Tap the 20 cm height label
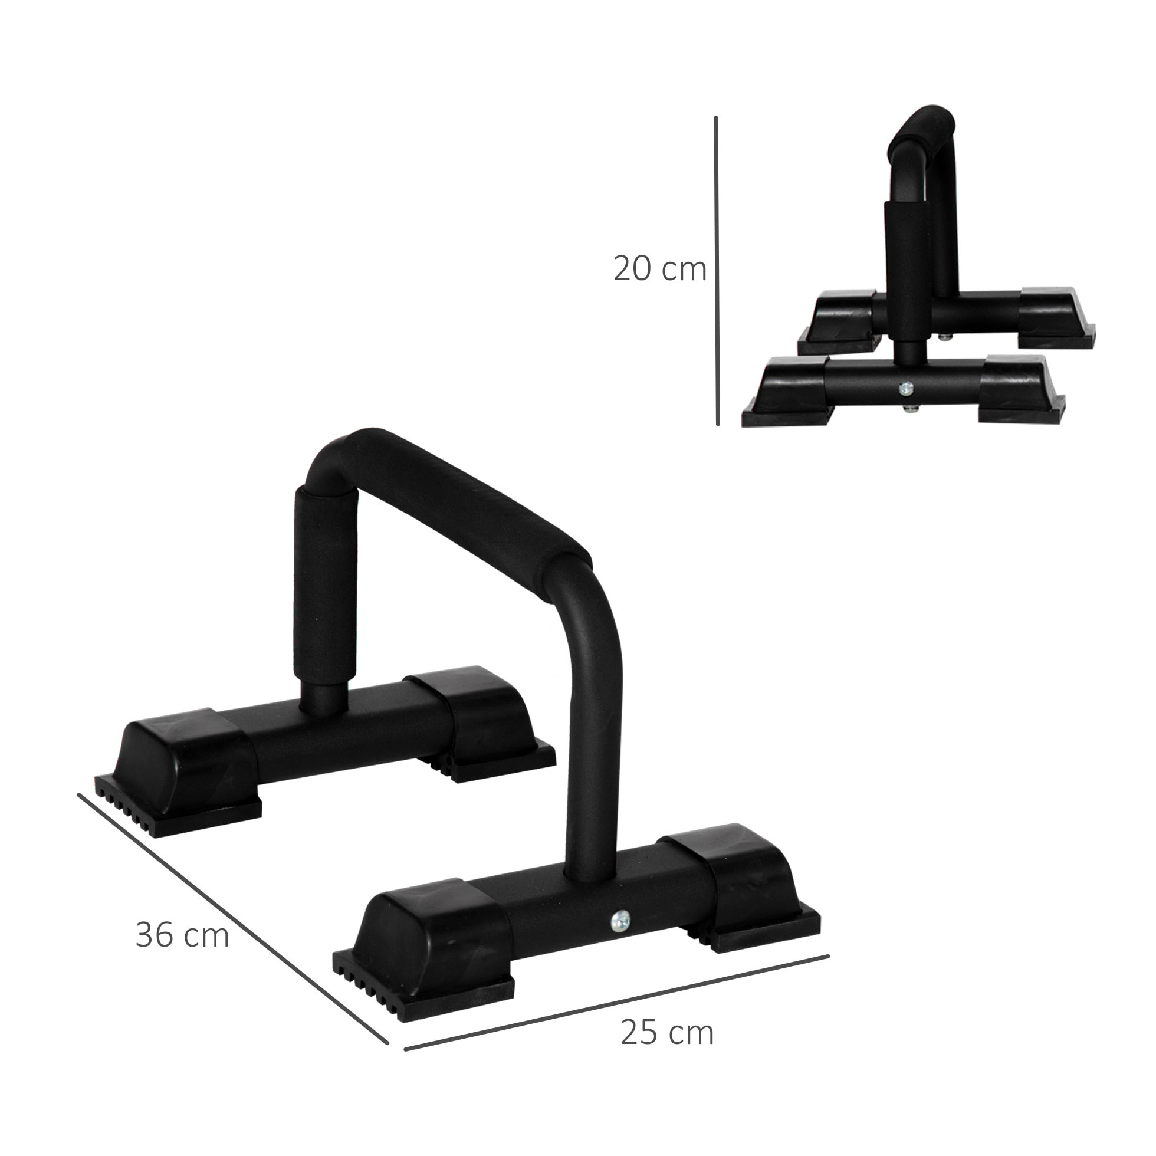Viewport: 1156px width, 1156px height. [x=659, y=270]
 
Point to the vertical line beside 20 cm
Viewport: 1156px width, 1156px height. [x=717, y=270]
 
